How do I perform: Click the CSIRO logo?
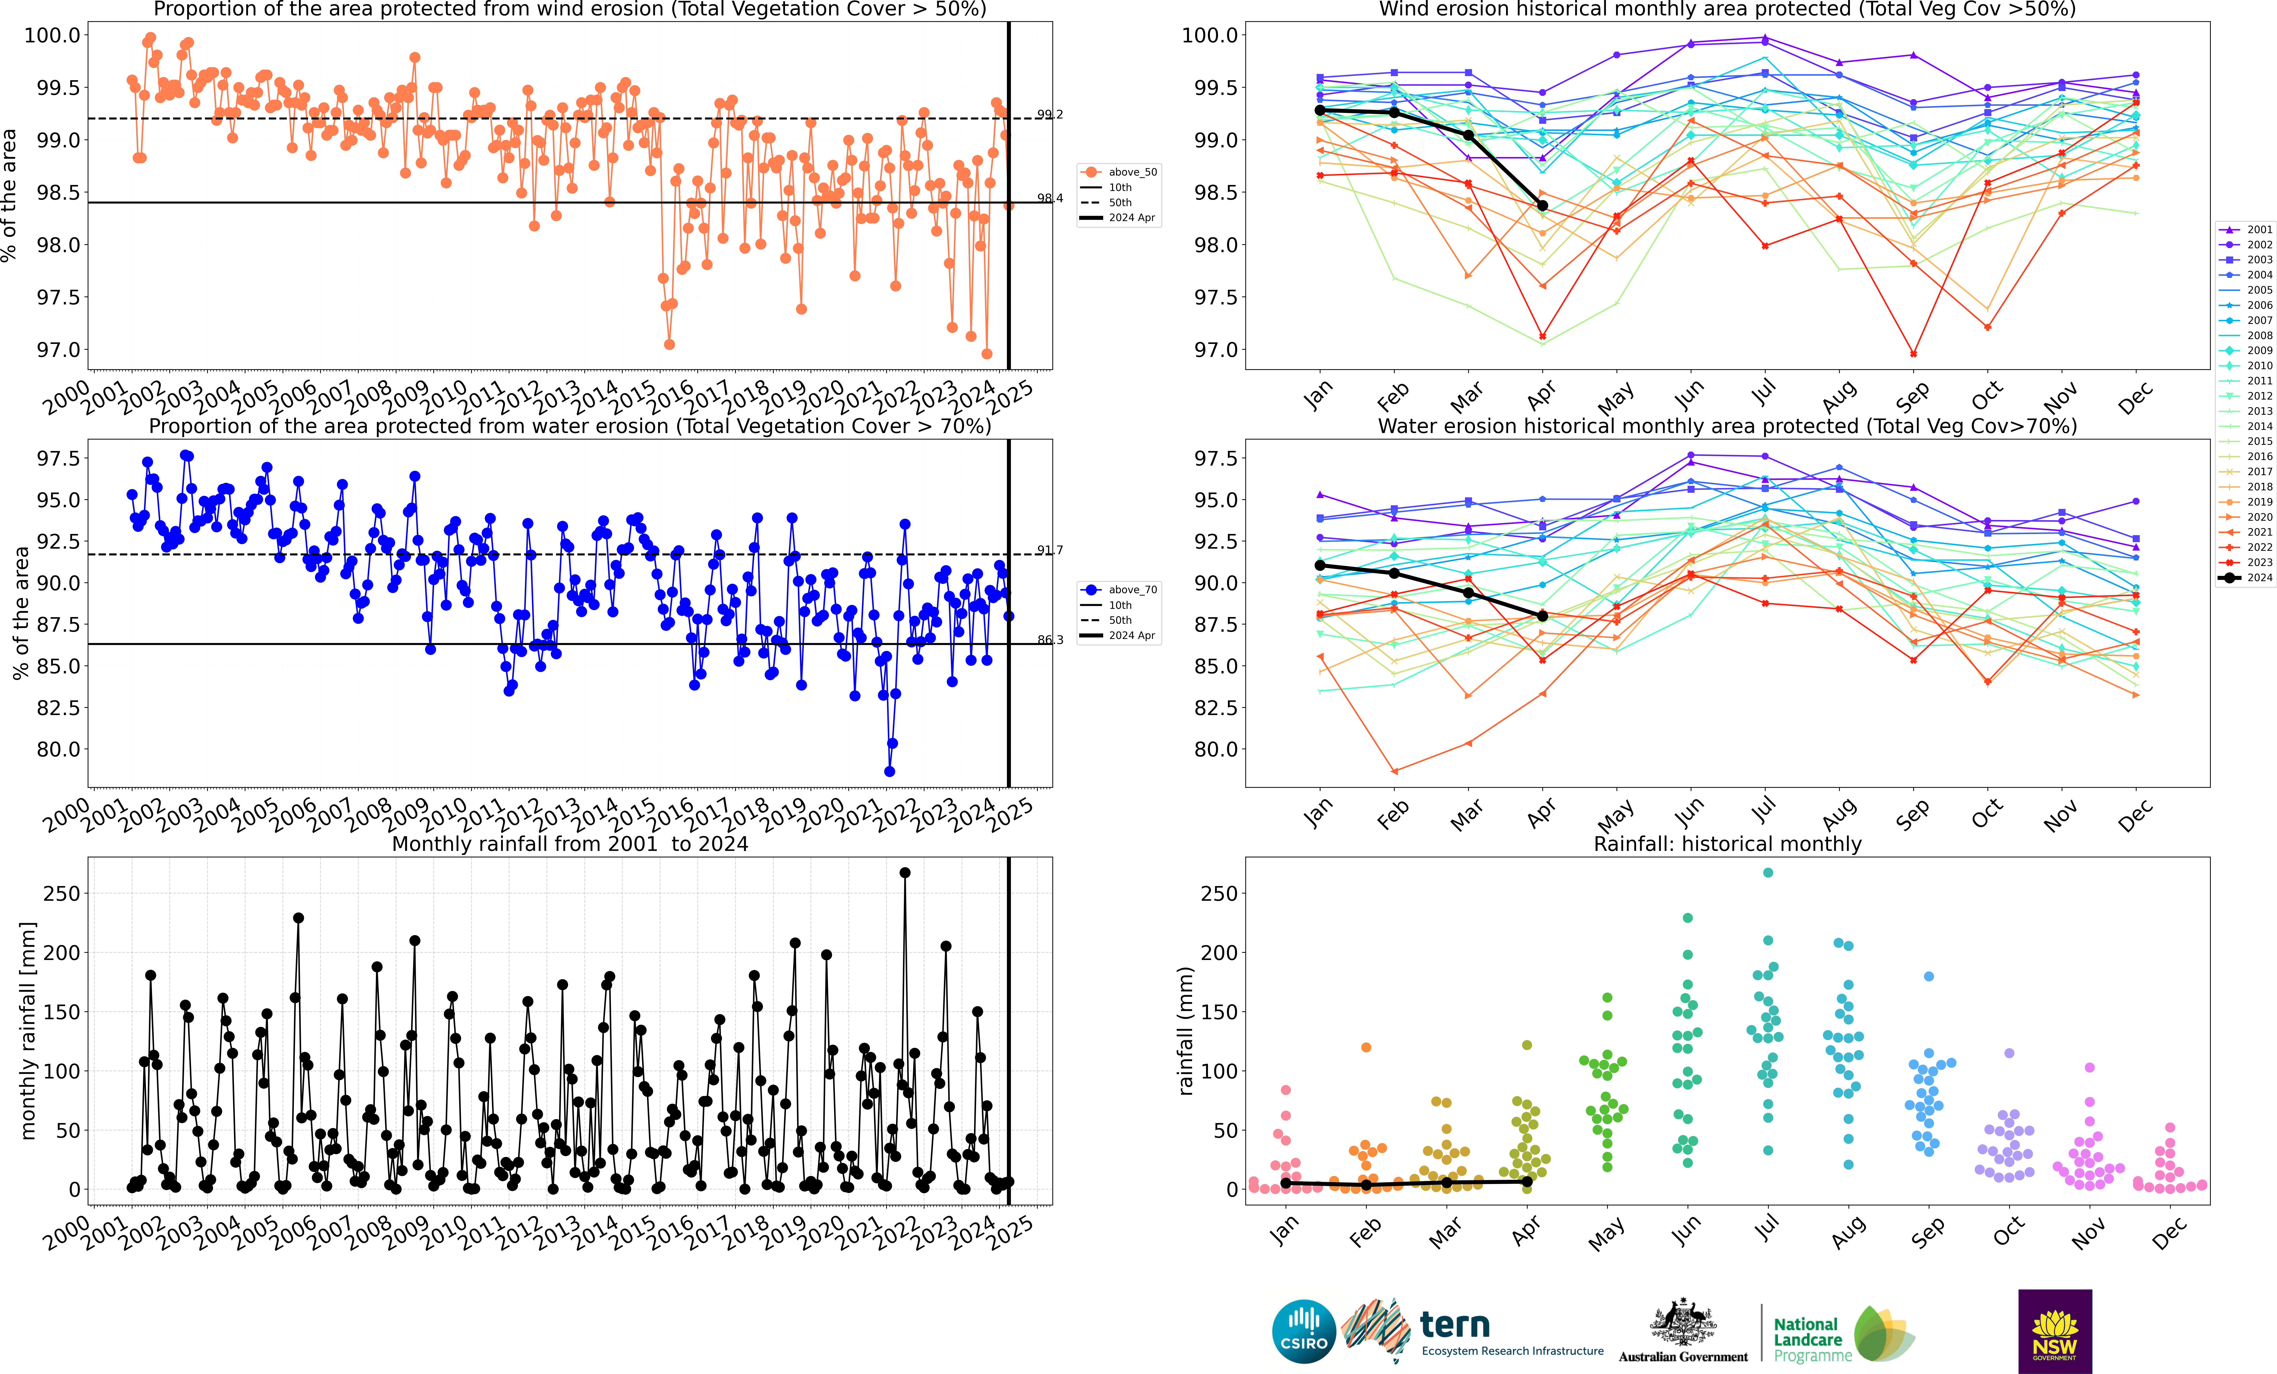1304,1332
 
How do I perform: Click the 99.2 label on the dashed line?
1050,115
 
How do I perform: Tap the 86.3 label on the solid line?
1050,639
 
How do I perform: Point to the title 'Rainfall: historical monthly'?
1727,844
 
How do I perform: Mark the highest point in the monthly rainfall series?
905,872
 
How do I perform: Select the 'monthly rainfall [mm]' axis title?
28,1030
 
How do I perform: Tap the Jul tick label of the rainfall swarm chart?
1765,1229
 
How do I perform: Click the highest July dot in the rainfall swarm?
1768,872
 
